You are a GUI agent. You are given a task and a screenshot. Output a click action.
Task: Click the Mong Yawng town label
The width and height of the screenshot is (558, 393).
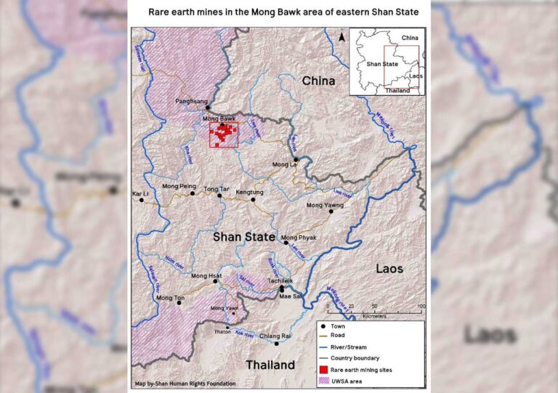pyautogui.click(x=324, y=205)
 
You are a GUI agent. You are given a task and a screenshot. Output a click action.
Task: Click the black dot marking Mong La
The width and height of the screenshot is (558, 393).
pyautogui.click(x=296, y=159)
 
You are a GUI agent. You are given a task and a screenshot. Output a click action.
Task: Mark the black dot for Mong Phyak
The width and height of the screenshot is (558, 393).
pyautogui.click(x=286, y=243)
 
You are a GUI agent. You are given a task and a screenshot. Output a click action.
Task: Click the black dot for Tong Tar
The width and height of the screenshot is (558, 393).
pyautogui.click(x=219, y=195)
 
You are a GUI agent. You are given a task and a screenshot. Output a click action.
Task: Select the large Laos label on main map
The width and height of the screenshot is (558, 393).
pyautogui.click(x=389, y=269)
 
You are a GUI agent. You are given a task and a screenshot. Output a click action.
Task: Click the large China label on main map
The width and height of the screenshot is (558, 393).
pyautogui.click(x=319, y=81)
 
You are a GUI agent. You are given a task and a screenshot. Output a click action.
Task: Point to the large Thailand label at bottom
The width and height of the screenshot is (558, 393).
pyautogui.click(x=270, y=365)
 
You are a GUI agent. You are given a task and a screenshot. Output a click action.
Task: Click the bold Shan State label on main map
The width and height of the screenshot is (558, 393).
pyautogui.click(x=243, y=237)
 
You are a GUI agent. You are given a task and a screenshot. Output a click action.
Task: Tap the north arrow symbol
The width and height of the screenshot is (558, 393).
pyautogui.click(x=341, y=37)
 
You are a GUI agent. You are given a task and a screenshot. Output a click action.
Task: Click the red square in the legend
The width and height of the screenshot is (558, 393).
pyautogui.click(x=324, y=370)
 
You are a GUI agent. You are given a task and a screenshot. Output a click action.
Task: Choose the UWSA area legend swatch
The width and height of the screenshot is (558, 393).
pyautogui.click(x=324, y=381)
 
